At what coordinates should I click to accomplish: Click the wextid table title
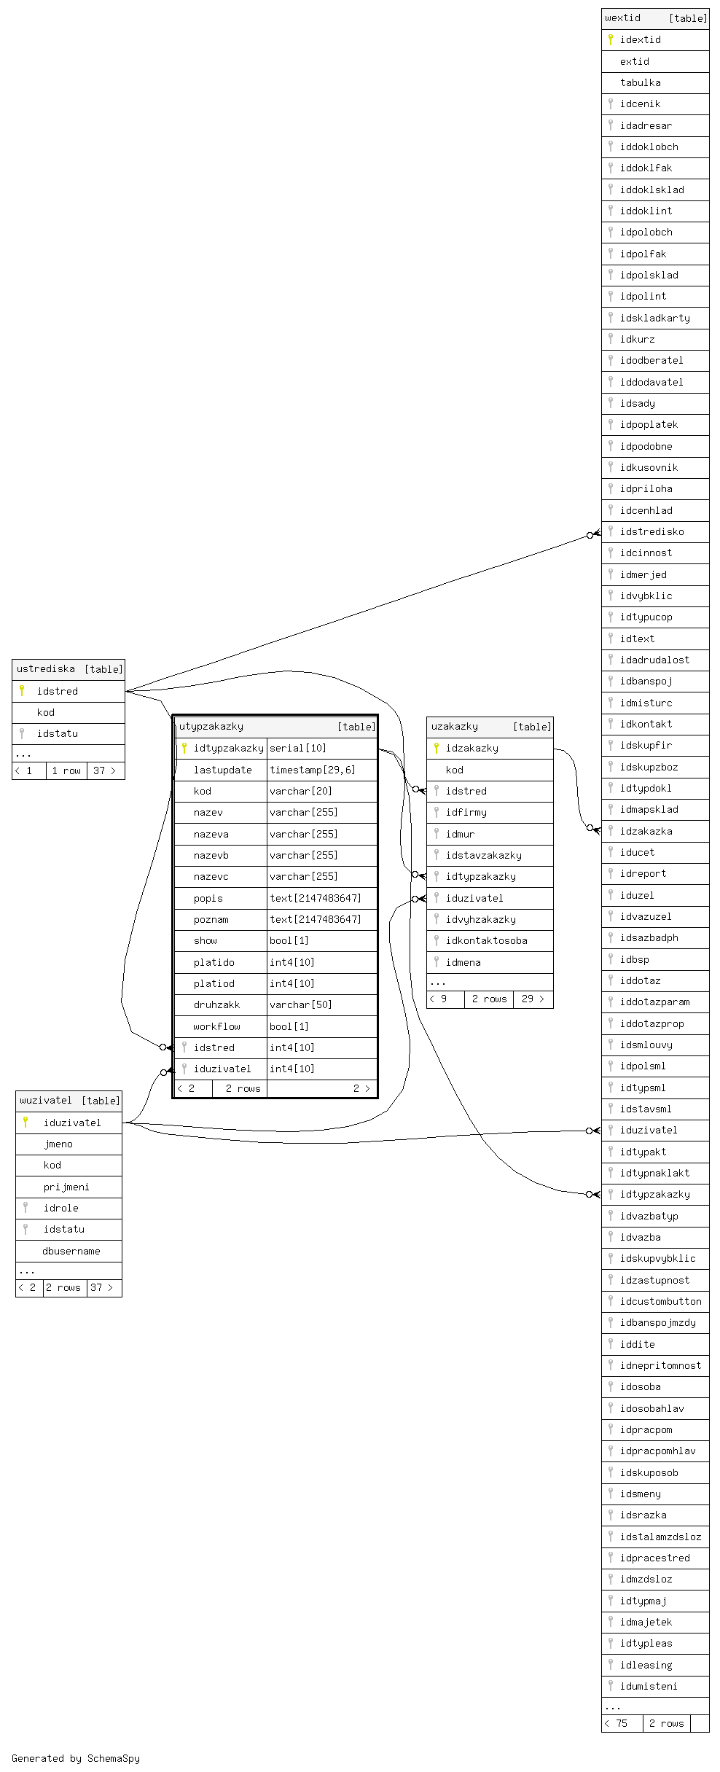coord(623,18)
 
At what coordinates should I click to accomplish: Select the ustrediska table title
coord(46,669)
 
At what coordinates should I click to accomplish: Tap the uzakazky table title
coord(455,727)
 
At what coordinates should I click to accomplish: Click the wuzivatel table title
coord(46,1101)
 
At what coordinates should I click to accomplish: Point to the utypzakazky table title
coord(211,727)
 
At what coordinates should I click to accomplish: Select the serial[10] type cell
coord(298,749)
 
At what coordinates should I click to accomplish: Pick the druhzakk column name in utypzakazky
coord(216,1005)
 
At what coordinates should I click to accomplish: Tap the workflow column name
coord(216,1027)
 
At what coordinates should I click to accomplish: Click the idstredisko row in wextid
coord(651,532)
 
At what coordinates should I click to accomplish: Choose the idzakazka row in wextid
coord(646,832)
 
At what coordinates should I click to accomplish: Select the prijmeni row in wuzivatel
coord(66,1187)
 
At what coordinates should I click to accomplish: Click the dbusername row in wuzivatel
coord(71,1252)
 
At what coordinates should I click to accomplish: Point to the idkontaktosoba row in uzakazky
coord(486,941)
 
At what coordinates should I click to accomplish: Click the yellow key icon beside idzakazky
coord(436,748)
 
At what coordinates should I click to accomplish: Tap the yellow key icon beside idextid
coord(611,39)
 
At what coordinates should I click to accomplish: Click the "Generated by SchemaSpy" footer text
coord(76,1758)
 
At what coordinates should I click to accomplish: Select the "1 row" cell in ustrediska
coord(66,771)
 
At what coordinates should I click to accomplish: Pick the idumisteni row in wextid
coord(649,1687)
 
